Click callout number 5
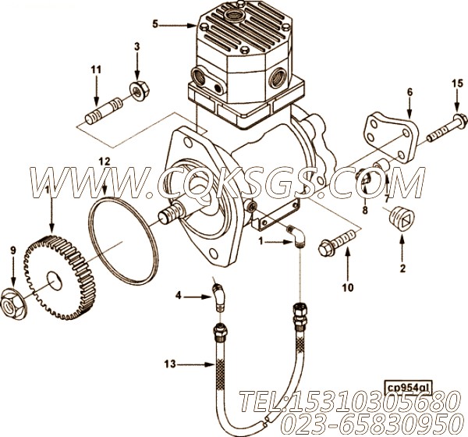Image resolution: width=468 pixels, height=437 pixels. pyautogui.click(x=155, y=25)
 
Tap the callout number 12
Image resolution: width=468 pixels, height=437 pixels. pyautogui.click(x=104, y=161)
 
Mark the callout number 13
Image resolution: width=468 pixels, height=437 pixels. pyautogui.click(x=170, y=363)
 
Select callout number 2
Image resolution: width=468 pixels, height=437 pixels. pyautogui.click(x=402, y=269)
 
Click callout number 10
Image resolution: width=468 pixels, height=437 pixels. pyautogui.click(x=348, y=286)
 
